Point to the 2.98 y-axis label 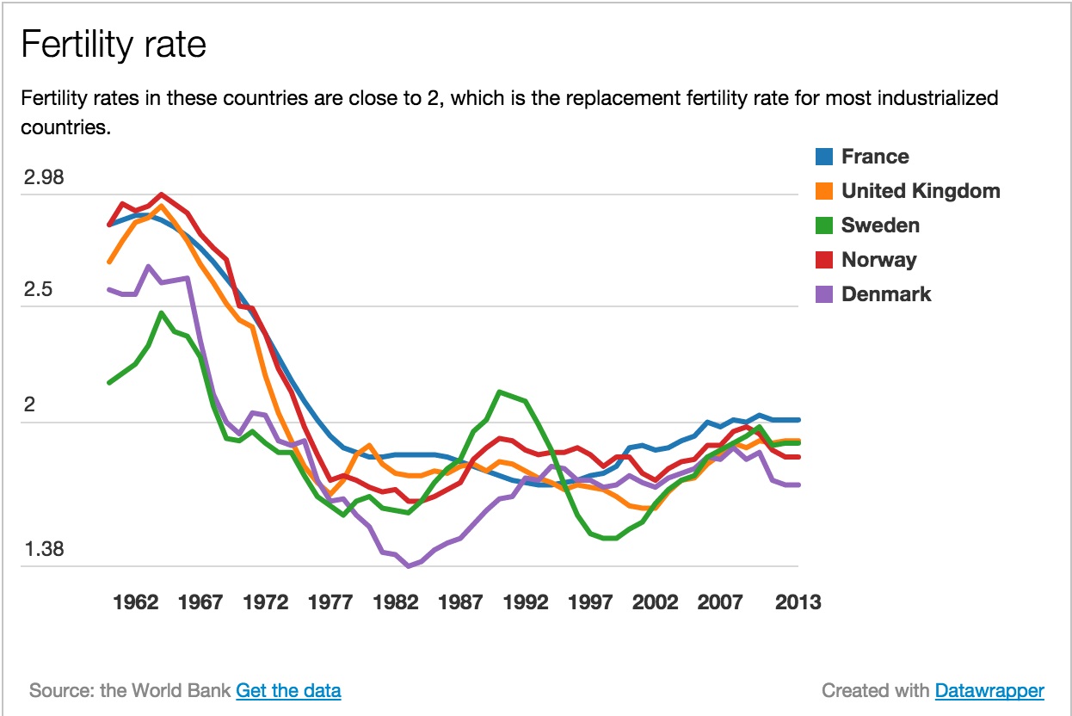tap(45, 178)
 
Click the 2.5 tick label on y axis tap(38, 290)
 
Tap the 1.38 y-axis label tap(45, 550)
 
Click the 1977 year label tap(330, 602)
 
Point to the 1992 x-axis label tap(526, 602)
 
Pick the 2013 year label tap(797, 602)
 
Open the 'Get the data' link tap(288, 690)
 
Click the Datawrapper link tap(989, 690)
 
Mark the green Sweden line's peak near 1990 tap(499, 392)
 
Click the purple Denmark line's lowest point tap(408, 566)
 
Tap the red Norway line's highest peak tap(162, 194)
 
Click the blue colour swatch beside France tap(823, 157)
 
